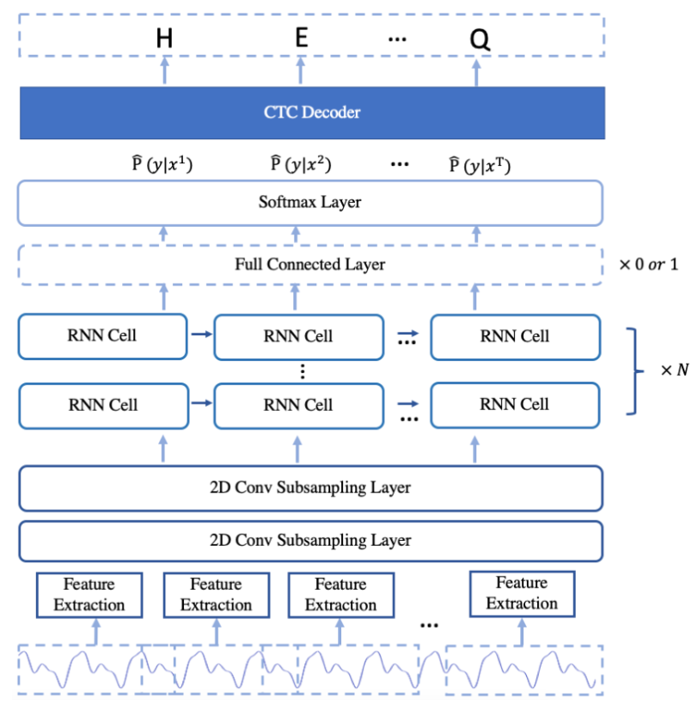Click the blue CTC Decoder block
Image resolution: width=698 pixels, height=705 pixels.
(312, 112)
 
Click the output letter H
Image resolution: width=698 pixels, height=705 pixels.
(163, 40)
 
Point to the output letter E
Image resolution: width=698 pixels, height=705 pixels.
(301, 40)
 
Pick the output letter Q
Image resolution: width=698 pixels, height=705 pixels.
(480, 40)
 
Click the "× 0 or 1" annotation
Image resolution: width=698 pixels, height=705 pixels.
(648, 264)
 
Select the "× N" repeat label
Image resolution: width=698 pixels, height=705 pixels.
(675, 371)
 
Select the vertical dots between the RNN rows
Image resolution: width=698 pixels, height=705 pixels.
(300, 371)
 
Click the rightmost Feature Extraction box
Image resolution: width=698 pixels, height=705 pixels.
(521, 593)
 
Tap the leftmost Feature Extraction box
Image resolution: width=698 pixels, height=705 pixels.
(89, 594)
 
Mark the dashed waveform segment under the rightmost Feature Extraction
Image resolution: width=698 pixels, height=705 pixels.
(522, 669)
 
